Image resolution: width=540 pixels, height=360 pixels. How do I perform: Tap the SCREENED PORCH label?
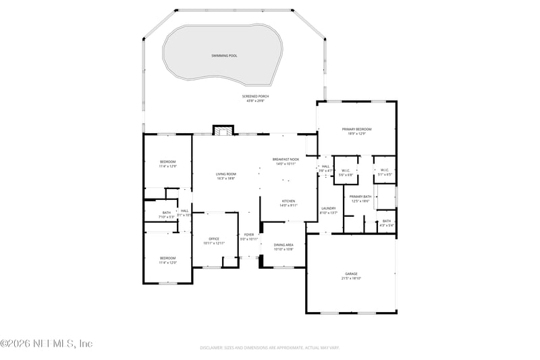coord(255,97)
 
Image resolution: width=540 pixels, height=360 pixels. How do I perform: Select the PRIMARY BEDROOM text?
coord(357,129)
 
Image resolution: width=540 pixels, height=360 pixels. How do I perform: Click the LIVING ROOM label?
coord(225,174)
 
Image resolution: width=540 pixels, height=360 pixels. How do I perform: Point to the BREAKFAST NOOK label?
coord(285,159)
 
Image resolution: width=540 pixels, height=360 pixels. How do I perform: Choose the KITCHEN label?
coord(288,201)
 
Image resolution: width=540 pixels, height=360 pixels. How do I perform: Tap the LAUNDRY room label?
coord(329,208)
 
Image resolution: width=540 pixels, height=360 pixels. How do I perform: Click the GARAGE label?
coord(351,274)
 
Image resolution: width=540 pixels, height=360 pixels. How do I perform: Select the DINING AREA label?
coord(283,245)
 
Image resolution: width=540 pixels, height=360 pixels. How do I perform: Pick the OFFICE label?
coord(214,238)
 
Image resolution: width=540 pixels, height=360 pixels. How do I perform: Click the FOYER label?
coord(249,234)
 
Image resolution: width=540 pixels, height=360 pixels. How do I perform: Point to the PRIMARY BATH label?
coord(360,197)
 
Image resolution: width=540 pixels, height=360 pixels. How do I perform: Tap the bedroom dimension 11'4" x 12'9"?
coord(167,166)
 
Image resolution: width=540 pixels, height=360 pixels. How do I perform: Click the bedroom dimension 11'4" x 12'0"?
coord(167,263)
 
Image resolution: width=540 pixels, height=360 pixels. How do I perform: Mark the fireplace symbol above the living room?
coord(223,130)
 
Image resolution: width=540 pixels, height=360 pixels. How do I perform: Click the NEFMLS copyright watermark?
coord(46,344)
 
